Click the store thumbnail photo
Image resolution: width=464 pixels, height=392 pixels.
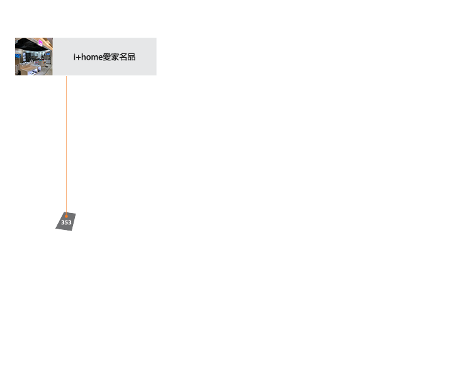33,57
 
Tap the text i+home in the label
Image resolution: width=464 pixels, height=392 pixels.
88,57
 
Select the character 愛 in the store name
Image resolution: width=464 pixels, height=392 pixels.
107,57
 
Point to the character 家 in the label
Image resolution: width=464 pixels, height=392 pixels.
115,57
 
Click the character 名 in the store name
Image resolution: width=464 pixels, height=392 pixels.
123,57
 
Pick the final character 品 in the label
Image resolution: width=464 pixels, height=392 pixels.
131,57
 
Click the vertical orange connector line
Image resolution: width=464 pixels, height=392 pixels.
66,144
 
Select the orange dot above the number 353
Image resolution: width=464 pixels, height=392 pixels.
66,215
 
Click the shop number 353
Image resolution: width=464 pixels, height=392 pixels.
66,222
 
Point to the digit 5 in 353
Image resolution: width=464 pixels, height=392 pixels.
66,222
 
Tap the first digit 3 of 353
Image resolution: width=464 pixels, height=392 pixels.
63,222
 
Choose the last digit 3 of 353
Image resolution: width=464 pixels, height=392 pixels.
70,222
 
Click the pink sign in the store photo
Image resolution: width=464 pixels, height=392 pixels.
42,43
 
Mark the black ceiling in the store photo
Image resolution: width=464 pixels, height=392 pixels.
25,42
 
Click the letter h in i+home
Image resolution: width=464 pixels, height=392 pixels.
84,57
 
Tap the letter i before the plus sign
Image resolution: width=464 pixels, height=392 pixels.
74,57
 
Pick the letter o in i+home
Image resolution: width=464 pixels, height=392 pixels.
89,57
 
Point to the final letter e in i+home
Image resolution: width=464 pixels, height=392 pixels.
100,57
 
